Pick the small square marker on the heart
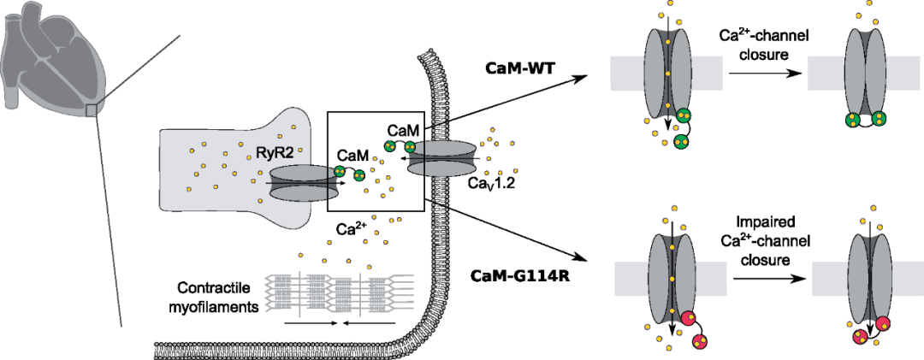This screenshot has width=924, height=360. coord(92,109)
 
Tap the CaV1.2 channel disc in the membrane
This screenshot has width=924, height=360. coord(441,160)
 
